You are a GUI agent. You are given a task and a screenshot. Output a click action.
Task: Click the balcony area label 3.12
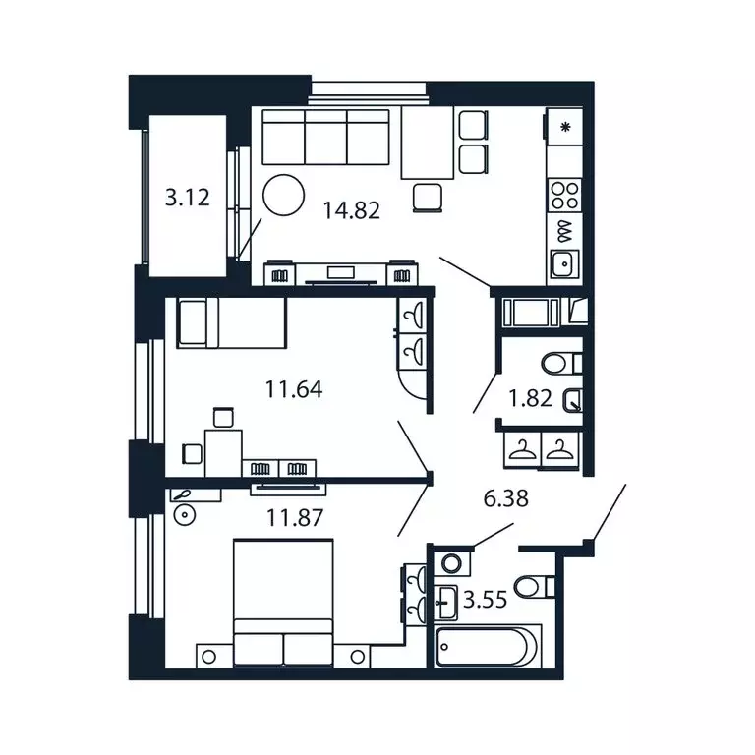click(187, 198)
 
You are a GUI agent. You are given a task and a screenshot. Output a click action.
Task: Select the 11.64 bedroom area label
click(294, 389)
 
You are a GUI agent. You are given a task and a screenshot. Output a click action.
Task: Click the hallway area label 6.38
click(504, 498)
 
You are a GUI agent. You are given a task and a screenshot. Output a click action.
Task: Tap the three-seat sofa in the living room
click(326, 139)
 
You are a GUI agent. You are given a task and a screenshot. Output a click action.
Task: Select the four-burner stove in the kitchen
click(564, 193)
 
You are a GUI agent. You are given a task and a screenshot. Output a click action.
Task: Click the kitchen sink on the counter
click(564, 263)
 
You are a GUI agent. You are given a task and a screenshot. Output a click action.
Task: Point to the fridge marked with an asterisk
click(564, 127)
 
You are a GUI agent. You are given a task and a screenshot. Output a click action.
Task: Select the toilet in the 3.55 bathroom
click(536, 588)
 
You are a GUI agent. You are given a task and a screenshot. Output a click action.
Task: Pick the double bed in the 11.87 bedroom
click(283, 602)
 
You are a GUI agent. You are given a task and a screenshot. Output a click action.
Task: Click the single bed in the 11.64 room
click(230, 323)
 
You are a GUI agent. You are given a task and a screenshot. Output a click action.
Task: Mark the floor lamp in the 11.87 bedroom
click(182, 514)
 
